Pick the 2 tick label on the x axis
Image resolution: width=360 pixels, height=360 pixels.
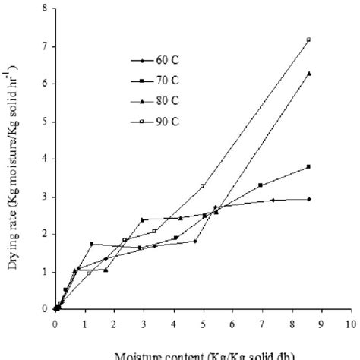(114, 322)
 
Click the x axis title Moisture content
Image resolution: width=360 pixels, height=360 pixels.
(201, 354)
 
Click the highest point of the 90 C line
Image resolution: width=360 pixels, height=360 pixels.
(308, 39)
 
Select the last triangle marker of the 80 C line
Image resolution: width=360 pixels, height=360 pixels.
(308, 74)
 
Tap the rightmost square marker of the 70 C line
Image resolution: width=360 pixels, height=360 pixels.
(308, 166)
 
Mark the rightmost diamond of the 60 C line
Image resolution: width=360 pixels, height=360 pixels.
(308, 199)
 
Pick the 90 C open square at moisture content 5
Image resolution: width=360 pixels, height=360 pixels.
(203, 186)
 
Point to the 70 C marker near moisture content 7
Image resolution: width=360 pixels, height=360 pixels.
(261, 185)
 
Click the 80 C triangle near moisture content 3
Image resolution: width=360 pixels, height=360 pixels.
(142, 219)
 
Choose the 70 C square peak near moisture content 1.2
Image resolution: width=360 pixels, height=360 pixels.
(91, 244)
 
